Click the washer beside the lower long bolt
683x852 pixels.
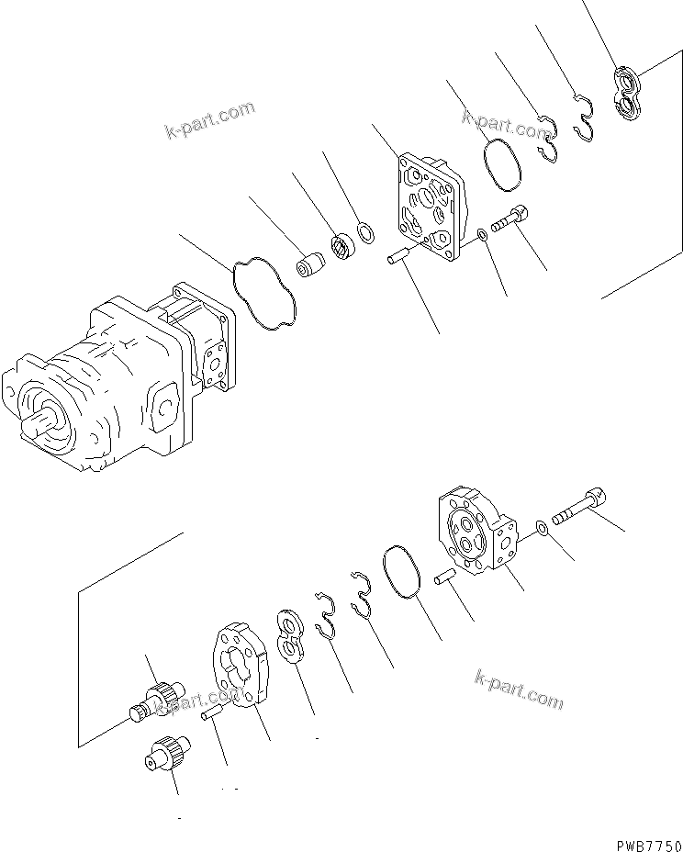[543, 527]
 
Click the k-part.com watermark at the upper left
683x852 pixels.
[210, 120]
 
